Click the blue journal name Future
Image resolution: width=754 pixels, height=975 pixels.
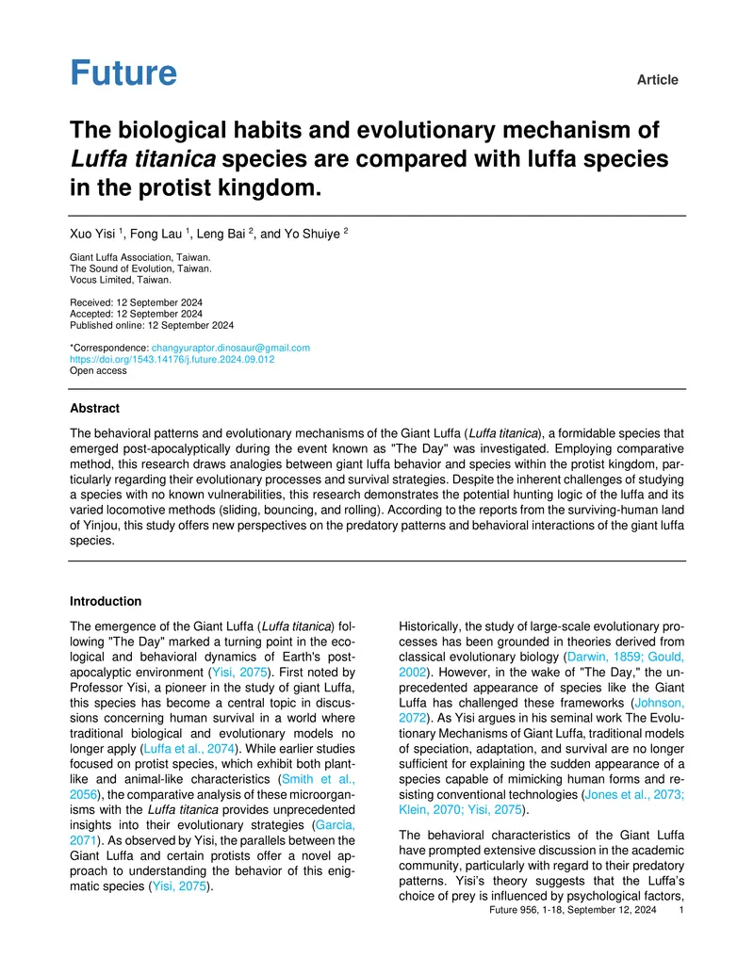pyautogui.click(x=123, y=73)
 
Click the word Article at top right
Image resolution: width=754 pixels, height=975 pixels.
pyautogui.click(x=657, y=80)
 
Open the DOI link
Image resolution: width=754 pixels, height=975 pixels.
pyautogui.click(x=172, y=359)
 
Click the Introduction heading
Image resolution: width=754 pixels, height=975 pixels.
pyautogui.click(x=107, y=601)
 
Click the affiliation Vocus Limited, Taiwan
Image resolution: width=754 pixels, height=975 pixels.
pyautogui.click(x=121, y=280)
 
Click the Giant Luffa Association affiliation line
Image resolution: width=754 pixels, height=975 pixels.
pyautogui.click(x=140, y=257)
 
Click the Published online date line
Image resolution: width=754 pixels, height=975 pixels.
pyautogui.click(x=153, y=325)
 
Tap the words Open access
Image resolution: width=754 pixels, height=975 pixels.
pyautogui.click(x=98, y=370)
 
